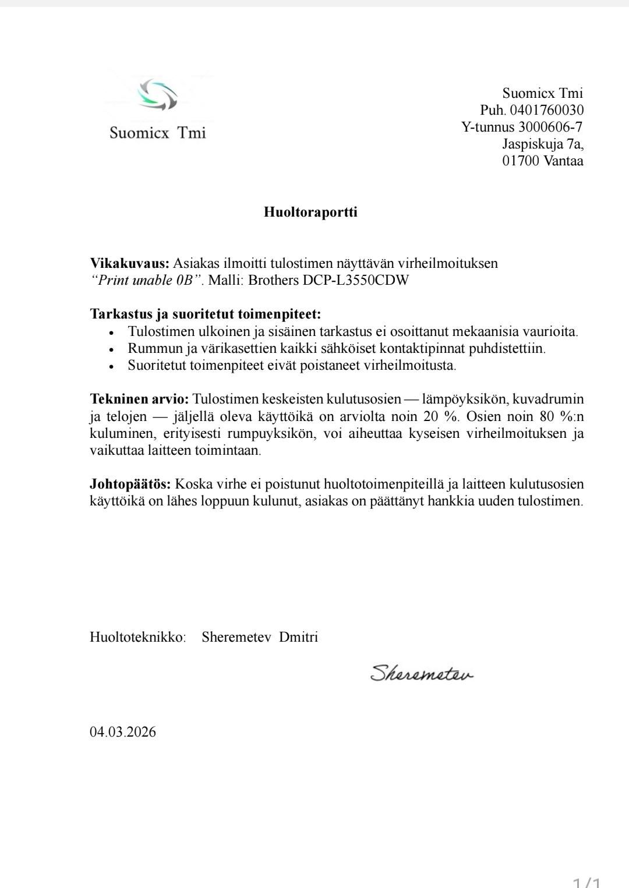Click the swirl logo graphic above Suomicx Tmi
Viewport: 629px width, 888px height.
pos(158,94)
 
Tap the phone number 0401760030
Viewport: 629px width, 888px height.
pos(546,110)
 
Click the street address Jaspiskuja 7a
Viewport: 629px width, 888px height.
pos(543,144)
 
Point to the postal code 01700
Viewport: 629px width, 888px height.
pos(521,161)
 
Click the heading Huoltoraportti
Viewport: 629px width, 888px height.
pos(310,212)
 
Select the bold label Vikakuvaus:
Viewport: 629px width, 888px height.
pos(129,263)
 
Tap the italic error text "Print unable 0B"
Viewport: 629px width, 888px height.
pos(146,280)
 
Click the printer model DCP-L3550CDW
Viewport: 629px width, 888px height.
pos(356,280)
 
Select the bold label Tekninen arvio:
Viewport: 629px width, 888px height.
pos(139,399)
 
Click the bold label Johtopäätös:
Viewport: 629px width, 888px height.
pos(130,484)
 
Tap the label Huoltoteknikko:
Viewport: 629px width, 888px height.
pos(137,637)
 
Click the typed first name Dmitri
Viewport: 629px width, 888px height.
pos(298,637)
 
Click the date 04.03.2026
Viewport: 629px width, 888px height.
pos(122,732)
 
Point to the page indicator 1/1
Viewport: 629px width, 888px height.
pos(586,882)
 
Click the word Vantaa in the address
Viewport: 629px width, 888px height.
pos(563,161)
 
